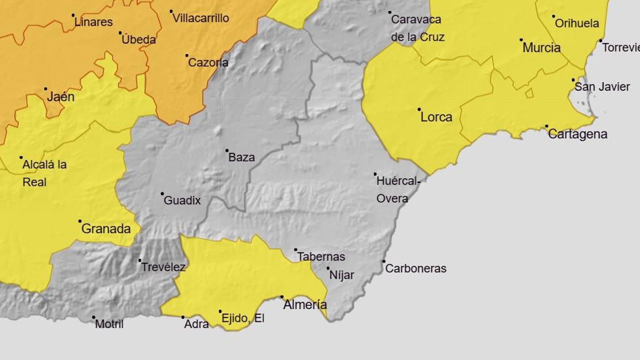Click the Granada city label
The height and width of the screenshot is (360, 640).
106,229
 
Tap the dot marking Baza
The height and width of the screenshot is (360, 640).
227,151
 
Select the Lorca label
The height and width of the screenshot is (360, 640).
436,117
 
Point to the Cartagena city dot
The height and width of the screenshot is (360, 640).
547,126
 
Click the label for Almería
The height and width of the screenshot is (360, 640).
305,305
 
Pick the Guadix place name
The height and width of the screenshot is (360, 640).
182,200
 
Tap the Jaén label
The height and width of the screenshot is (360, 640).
61,97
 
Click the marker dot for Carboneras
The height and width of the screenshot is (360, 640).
384,261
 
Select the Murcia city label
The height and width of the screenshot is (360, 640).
542,48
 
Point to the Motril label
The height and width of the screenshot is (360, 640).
109,324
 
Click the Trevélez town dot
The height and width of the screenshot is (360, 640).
140,260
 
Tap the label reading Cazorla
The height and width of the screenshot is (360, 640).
208,62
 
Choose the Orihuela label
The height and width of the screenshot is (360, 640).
577,23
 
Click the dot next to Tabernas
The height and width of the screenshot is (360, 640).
296,250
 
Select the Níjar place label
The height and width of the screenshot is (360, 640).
342,275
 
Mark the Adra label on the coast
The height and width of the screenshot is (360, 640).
196,324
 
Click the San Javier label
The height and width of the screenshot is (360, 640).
602,87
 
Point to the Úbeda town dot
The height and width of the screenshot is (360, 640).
120,33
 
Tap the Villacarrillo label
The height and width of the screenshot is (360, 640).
201,18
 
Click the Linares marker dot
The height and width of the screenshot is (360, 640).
73,15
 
